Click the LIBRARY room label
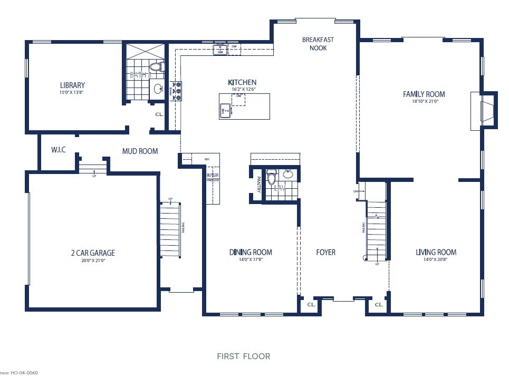(72, 85)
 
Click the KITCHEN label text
(242, 82)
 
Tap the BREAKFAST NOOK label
(318, 43)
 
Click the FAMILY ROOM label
(424, 94)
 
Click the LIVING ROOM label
(436, 252)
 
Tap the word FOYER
(325, 252)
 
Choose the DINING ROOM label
(251, 252)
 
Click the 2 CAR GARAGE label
(92, 253)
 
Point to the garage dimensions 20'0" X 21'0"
(92, 260)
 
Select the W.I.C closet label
(58, 150)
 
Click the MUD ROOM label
(140, 151)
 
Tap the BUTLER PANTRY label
(213, 177)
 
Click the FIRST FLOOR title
(243, 356)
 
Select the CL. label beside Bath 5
(159, 114)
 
